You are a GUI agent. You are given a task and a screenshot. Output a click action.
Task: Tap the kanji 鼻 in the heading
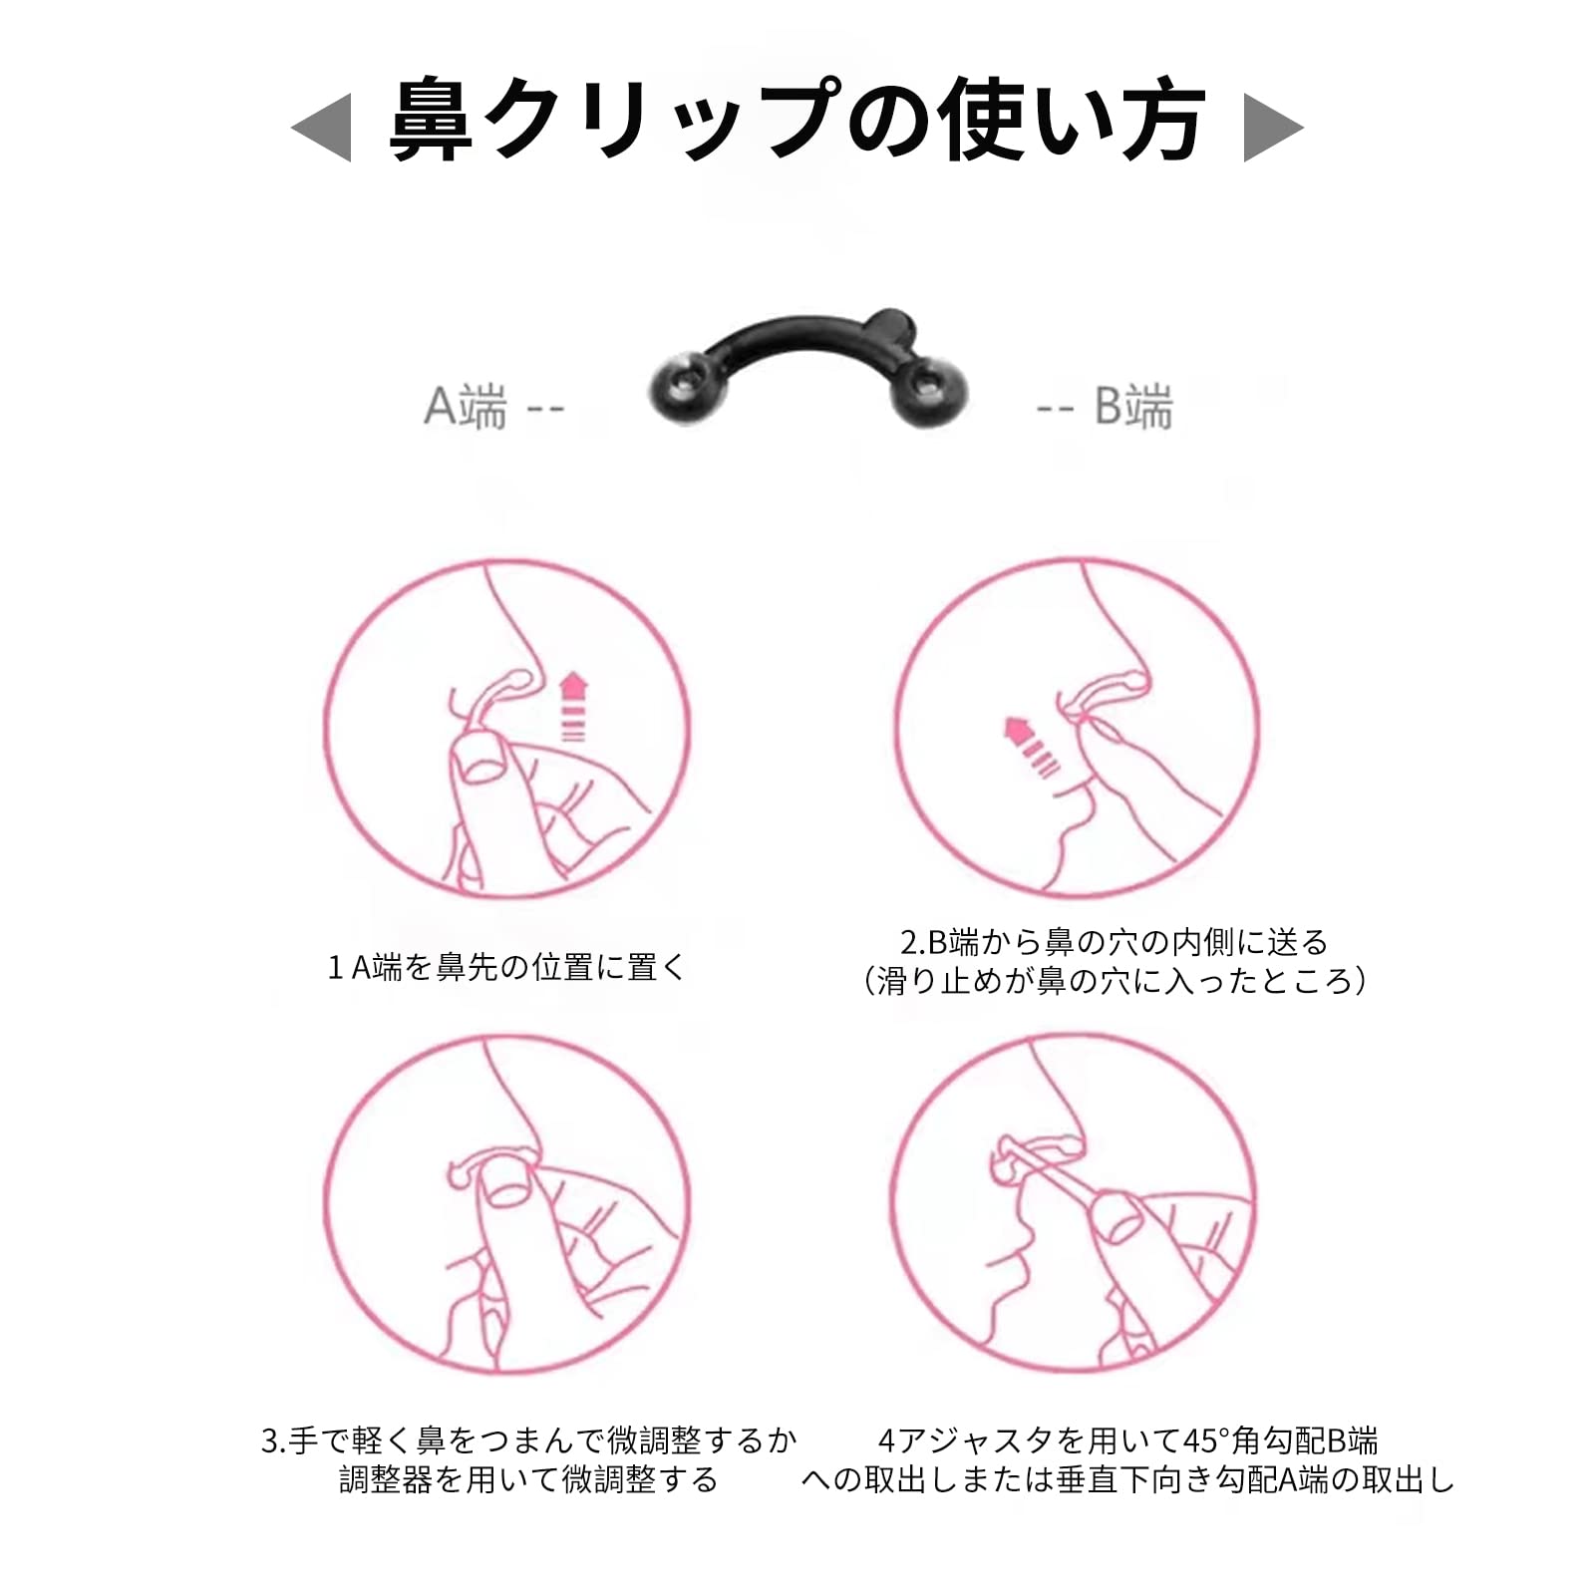[431, 121]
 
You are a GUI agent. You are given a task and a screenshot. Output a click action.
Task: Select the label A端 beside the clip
[466, 407]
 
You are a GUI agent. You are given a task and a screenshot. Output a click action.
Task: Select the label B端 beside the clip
[1133, 407]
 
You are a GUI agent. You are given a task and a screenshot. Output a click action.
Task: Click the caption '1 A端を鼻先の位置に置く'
[507, 967]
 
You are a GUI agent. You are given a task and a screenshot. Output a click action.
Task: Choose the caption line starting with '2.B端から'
[1115, 942]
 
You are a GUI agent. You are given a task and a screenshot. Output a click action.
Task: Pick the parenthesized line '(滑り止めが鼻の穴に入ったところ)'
[1115, 982]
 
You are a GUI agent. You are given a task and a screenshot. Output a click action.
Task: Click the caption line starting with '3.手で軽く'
[529, 1440]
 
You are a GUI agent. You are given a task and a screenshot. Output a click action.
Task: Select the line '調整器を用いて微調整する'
[529, 1480]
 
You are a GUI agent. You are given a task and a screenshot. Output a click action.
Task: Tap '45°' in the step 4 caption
[1206, 1441]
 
